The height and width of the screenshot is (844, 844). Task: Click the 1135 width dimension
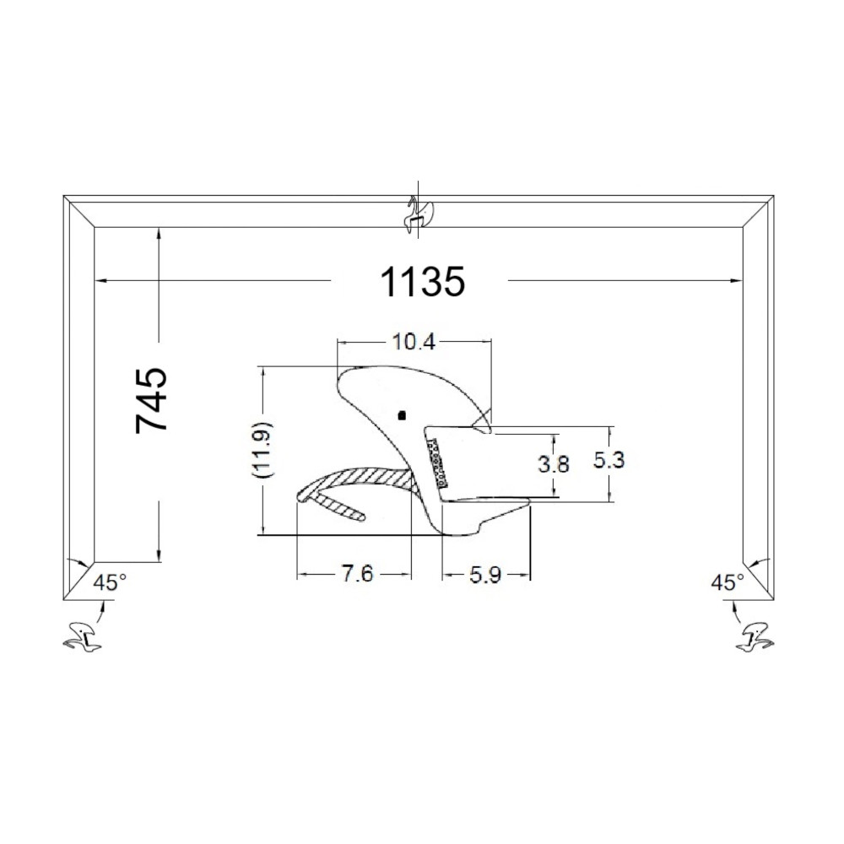coord(423,282)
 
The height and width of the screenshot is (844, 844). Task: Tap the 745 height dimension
coord(152,400)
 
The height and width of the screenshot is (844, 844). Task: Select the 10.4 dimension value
coord(414,342)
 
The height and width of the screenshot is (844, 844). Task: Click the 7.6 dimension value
coord(357,574)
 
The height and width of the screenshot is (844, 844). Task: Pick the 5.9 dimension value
coord(485,576)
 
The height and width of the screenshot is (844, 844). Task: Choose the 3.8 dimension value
coord(554,463)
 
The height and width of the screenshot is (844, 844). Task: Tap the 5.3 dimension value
coord(609,460)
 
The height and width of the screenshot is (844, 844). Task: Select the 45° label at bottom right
coord(728,582)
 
